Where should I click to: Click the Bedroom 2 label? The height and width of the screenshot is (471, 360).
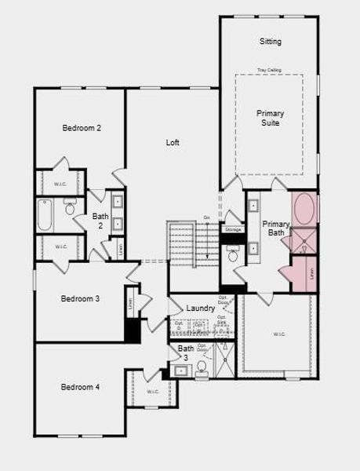click(x=82, y=127)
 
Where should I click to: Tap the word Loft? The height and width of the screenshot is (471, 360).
click(x=173, y=143)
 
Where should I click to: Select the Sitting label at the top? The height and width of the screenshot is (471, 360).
click(x=270, y=41)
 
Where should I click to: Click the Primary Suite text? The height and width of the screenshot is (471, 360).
click(x=270, y=118)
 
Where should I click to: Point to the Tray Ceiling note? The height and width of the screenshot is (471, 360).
click(x=270, y=71)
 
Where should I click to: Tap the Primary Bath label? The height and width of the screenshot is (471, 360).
click(x=275, y=228)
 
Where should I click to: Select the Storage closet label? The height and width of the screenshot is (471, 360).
click(x=232, y=230)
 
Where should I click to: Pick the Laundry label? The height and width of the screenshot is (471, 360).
click(x=201, y=309)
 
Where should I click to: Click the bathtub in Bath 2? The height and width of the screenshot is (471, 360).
click(x=45, y=215)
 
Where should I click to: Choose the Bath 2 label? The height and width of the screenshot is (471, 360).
click(x=100, y=221)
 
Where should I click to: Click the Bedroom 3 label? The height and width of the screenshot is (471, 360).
click(x=81, y=298)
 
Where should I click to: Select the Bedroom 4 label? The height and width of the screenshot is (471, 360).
click(x=81, y=386)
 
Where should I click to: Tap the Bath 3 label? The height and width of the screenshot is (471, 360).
click(x=185, y=352)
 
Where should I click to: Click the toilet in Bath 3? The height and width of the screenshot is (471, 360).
click(x=202, y=367)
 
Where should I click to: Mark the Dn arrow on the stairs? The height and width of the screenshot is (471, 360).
click(x=206, y=217)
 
